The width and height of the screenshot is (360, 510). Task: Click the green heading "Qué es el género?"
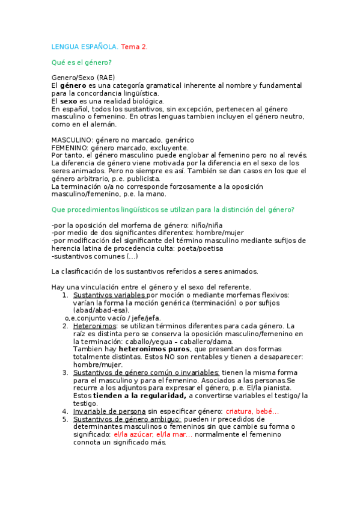tap(81, 62)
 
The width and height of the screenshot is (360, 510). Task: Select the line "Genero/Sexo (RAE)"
tap(83, 78)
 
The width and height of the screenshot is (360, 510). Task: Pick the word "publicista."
tap(141, 179)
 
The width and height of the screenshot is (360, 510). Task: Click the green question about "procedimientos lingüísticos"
tap(172, 209)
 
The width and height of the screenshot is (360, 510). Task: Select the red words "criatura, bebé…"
tap(252, 411)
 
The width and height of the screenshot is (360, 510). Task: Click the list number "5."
tap(66, 419)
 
